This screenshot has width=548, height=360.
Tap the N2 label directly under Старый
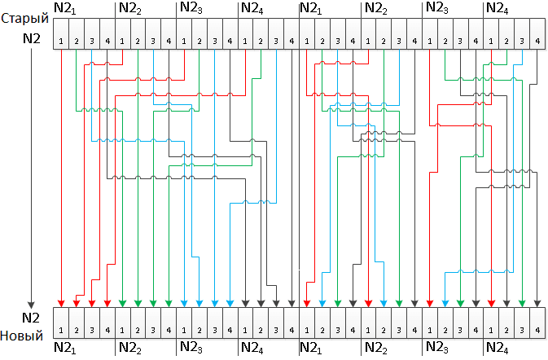click(29, 37)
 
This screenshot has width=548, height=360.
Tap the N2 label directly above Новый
click(31, 317)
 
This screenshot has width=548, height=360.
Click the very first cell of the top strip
click(61, 41)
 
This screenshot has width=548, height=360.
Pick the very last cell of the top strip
click(537, 41)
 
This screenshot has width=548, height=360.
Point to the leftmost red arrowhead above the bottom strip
click(61, 303)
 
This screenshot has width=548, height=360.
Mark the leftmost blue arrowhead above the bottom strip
click(184, 303)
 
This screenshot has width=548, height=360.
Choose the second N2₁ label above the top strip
click(313, 10)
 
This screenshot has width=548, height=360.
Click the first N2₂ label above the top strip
click(129, 10)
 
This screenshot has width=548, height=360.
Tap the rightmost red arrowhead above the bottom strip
click(491, 303)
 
